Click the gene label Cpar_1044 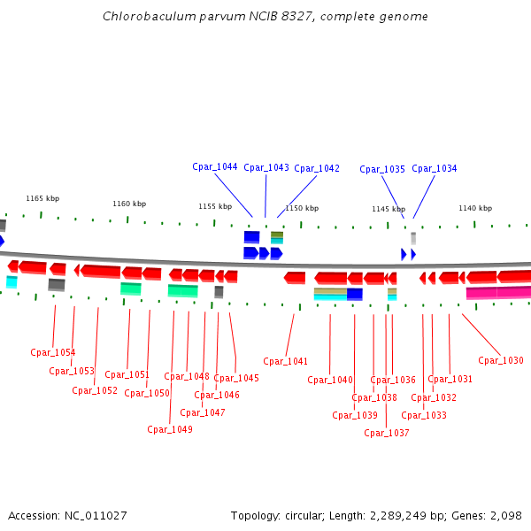coord(215,167)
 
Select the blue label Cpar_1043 coord(266,168)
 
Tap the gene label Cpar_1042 coord(317,168)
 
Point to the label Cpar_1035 coord(382,169)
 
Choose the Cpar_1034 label coord(435,168)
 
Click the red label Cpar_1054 coord(53,352)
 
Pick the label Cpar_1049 coord(170,429)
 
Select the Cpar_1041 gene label coord(286,361)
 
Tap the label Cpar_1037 coord(387,433)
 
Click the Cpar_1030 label coord(501,360)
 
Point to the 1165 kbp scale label coord(42,198)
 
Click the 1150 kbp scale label coord(302,208)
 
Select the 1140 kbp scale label coord(475,208)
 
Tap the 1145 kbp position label coord(389,209)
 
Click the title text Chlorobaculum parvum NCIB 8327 coord(222,16)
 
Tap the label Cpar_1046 coord(217,395)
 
